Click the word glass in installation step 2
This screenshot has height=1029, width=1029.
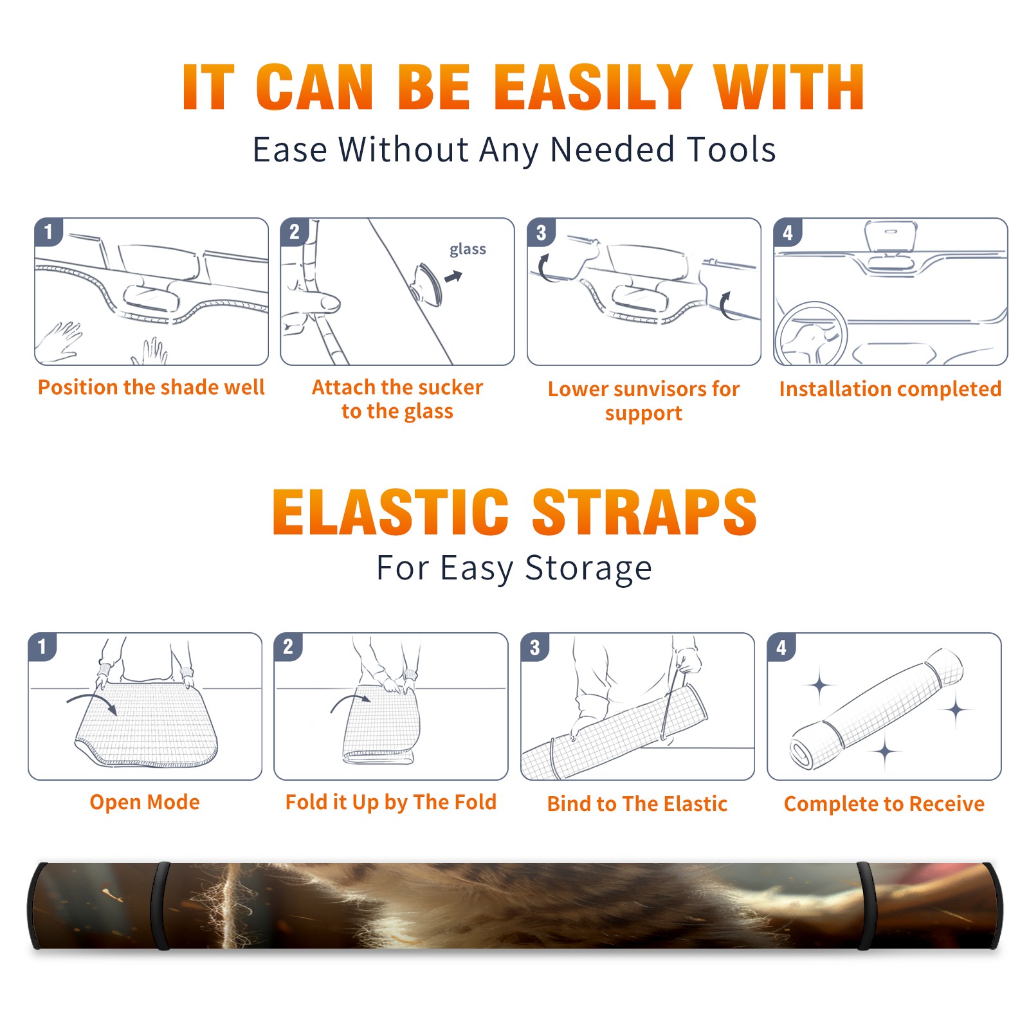(x=468, y=250)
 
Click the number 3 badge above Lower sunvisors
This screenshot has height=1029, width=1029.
(x=541, y=232)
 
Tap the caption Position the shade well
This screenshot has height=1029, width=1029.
(x=151, y=387)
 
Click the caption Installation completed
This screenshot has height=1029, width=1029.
(x=890, y=389)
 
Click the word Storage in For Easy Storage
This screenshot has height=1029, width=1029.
(x=588, y=569)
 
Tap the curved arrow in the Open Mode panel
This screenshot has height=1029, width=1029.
(x=92, y=702)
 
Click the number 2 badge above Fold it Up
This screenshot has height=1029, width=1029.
(x=288, y=647)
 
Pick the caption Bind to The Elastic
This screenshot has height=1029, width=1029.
(x=637, y=804)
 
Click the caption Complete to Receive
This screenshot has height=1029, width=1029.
(x=884, y=804)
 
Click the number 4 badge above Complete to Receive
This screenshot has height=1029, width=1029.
(x=781, y=647)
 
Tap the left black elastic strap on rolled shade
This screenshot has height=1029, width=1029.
(x=161, y=906)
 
